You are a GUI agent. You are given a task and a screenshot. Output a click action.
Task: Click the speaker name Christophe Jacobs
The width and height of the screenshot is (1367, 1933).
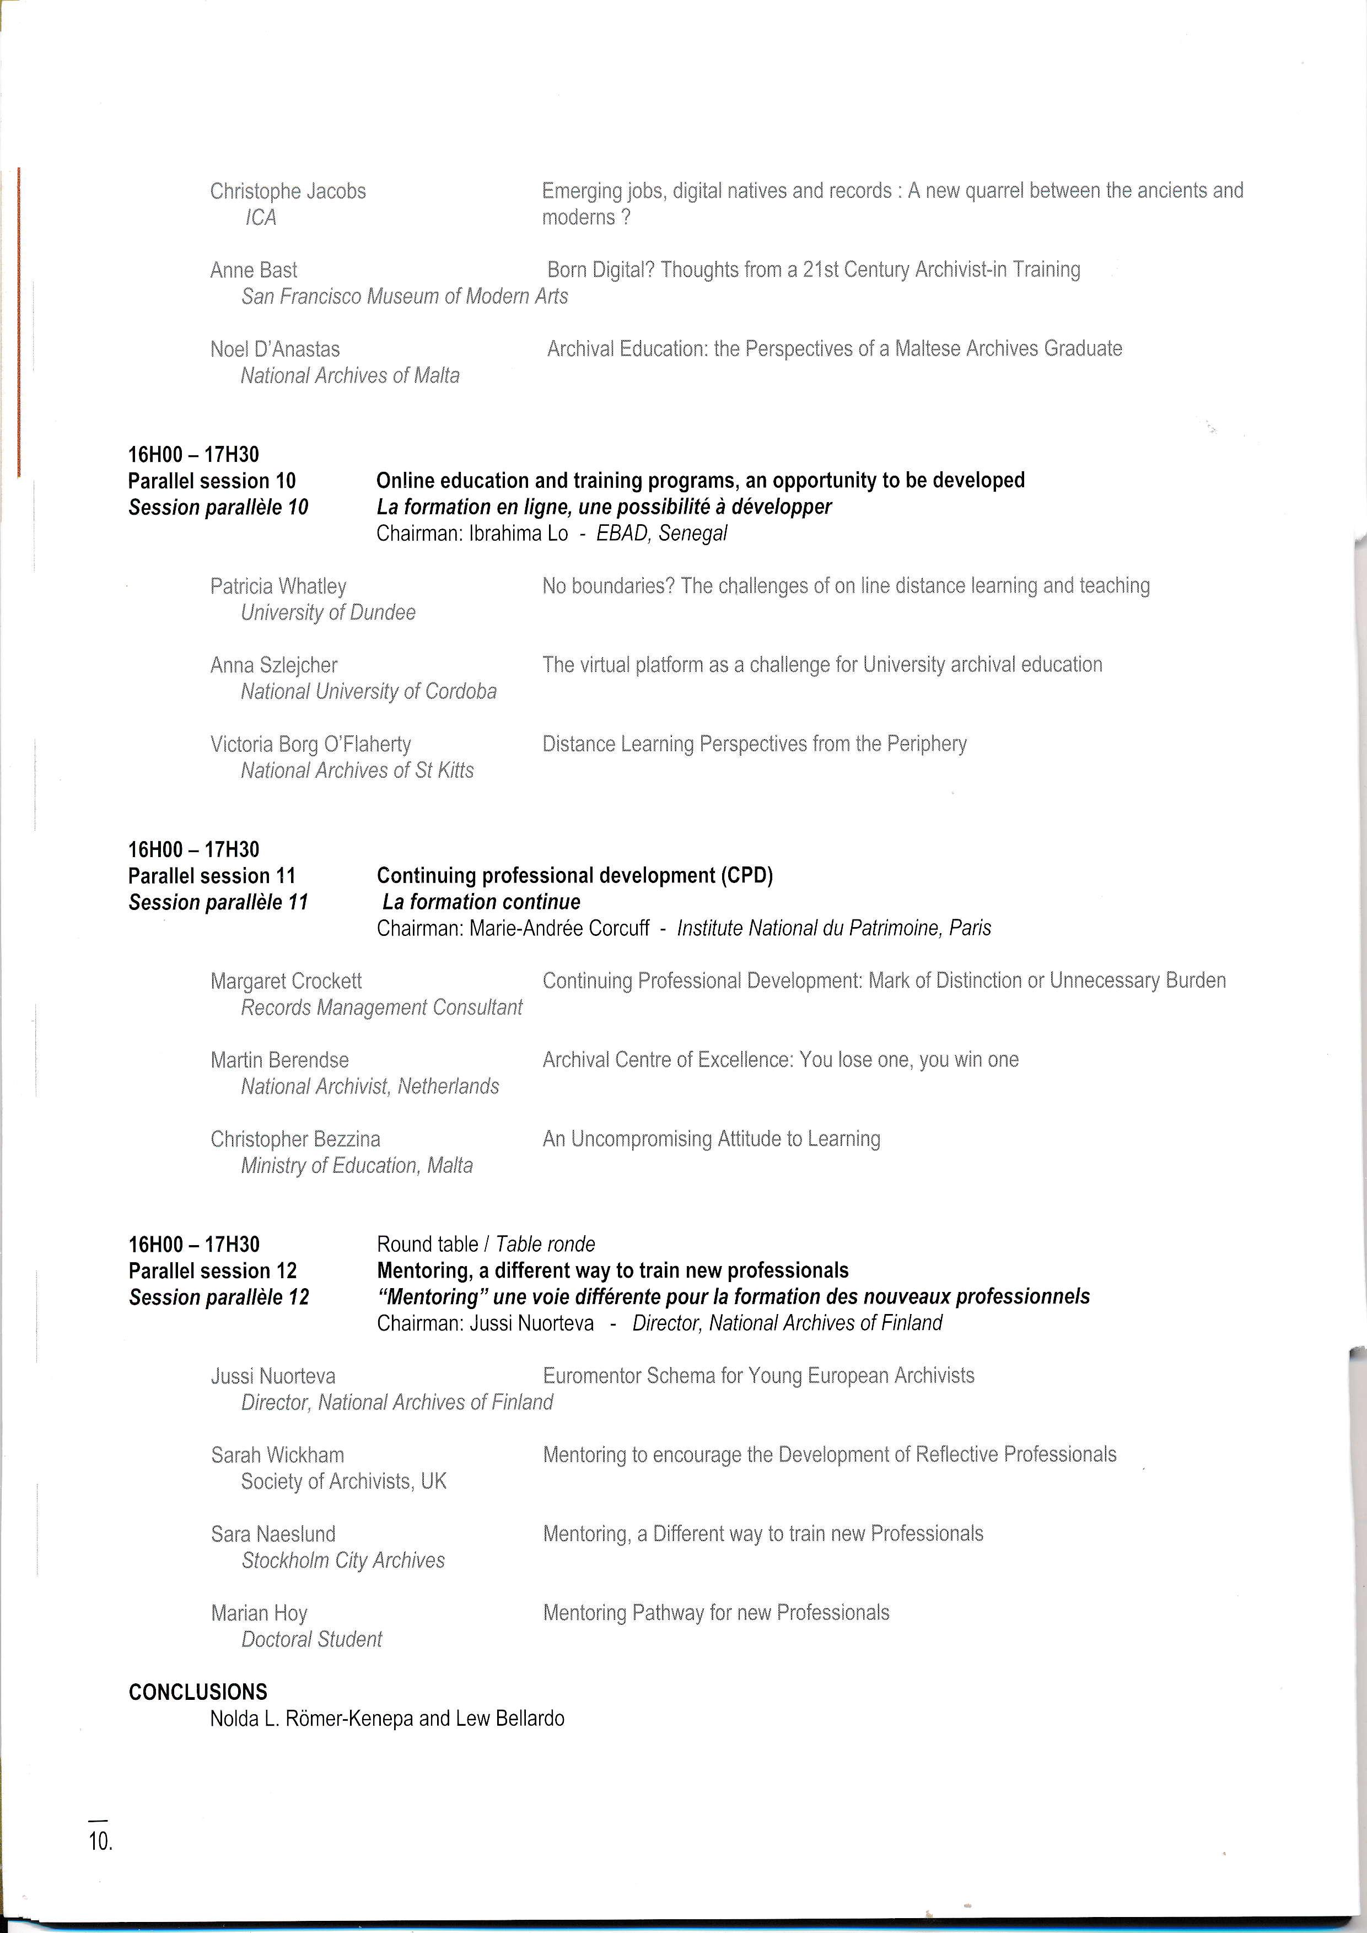tap(288, 191)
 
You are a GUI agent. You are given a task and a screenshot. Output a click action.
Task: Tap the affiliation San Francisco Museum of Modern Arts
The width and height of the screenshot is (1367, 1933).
tap(404, 297)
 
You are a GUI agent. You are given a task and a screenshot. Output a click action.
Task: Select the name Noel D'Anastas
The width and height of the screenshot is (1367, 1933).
tap(275, 349)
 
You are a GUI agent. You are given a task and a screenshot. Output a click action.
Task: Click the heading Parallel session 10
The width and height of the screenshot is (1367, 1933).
tap(212, 481)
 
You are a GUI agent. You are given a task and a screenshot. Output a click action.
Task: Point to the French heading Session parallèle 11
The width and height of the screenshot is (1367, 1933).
tap(218, 902)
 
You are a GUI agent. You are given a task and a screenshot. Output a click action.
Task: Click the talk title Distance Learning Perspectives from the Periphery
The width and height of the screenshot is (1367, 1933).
tap(754, 744)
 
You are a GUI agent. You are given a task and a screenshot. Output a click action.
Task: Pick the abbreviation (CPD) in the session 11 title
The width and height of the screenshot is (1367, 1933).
tap(746, 876)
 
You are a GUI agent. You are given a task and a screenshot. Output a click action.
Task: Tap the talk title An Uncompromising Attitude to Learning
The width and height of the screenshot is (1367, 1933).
tap(711, 1139)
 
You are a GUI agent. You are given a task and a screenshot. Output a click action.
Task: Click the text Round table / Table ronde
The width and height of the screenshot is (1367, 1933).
tap(486, 1245)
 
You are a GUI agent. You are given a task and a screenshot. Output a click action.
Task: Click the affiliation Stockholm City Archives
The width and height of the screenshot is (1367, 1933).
tap(343, 1560)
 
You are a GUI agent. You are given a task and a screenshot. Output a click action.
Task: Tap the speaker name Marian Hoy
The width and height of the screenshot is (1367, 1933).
tap(259, 1613)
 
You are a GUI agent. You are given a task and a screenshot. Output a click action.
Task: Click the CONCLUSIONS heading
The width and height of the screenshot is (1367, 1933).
tap(198, 1692)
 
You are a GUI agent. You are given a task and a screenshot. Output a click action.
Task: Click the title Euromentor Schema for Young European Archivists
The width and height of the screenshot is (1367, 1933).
tap(758, 1376)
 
